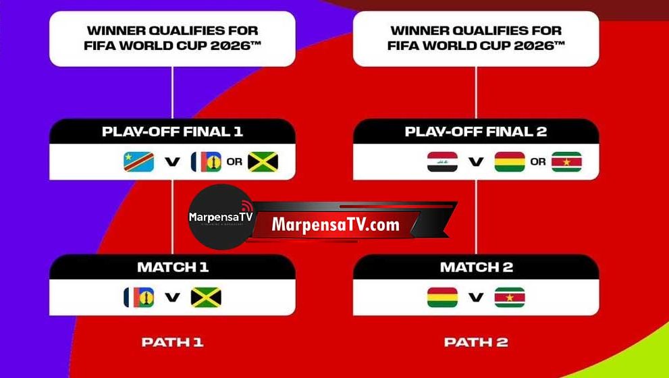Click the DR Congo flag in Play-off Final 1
pos(138,162)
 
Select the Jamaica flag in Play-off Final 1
pos(263,162)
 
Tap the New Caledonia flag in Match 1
pos(138,298)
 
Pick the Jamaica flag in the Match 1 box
pos(206,298)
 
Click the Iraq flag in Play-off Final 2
pos(442,162)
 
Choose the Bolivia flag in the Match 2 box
pos(442,298)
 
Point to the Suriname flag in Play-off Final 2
pos(566,162)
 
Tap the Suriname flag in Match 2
pos(510,298)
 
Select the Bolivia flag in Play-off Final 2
pos(510,162)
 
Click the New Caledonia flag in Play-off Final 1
pos(206,162)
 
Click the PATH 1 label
pos(172,342)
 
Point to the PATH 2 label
pos(476,342)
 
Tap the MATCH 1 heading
pos(173,267)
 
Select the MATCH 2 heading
pos(477,267)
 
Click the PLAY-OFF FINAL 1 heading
pos(172,132)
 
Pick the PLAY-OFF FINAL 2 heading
pos(476,132)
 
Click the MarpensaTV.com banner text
pos(336,224)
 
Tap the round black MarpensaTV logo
pos(221,217)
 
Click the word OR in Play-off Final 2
pos(538,162)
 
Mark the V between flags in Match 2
pos(476,298)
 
